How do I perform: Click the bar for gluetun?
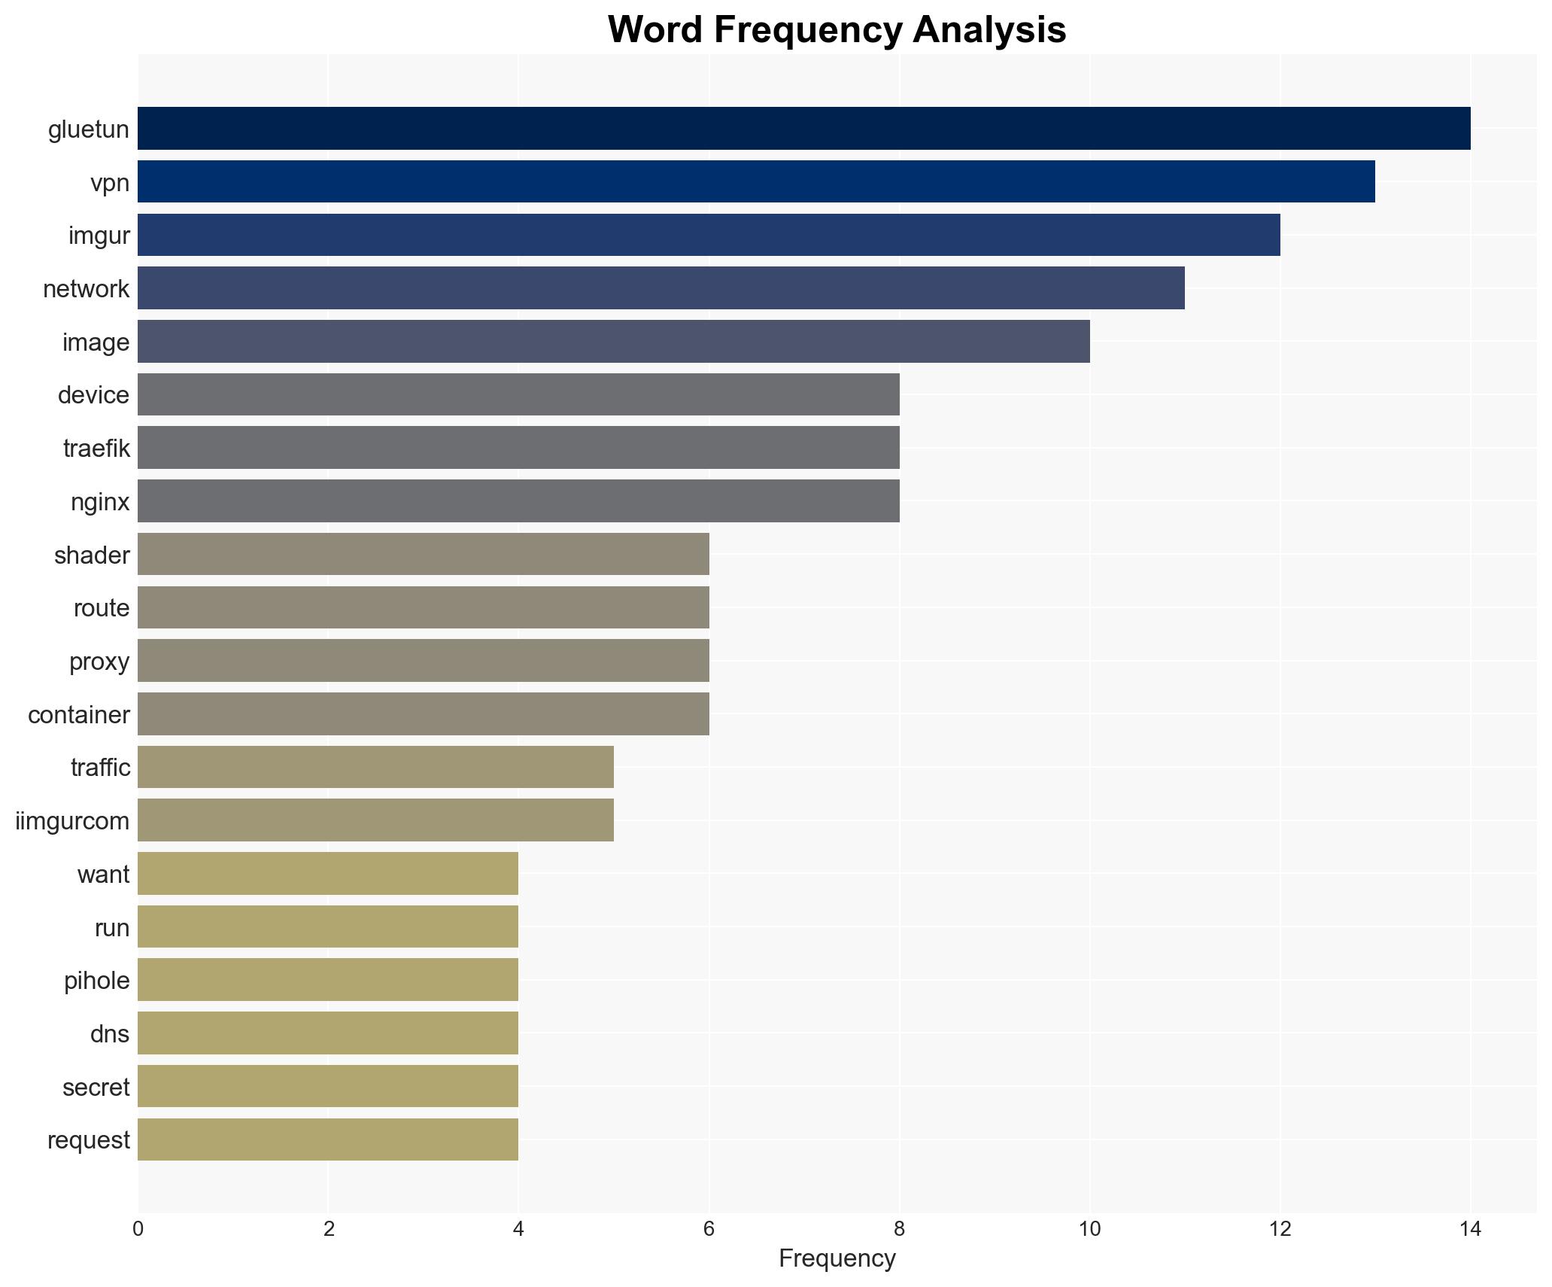(803, 129)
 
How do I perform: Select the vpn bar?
(756, 182)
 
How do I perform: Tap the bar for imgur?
(709, 235)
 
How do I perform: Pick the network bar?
(661, 288)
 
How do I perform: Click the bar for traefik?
(518, 448)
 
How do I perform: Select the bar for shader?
(423, 555)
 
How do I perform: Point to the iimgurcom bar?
(375, 820)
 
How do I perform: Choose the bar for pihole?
(328, 980)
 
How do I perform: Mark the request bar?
(328, 1139)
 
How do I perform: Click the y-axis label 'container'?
(79, 715)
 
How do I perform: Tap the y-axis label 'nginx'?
(100, 502)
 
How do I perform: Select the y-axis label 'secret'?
(96, 1088)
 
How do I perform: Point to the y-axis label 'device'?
(94, 395)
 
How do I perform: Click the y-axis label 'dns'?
(110, 1034)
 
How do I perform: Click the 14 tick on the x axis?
(1470, 1230)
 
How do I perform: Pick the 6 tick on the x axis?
(709, 1230)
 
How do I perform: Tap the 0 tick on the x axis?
(138, 1230)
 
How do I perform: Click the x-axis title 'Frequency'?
(837, 1258)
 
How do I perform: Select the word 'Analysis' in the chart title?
(989, 30)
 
